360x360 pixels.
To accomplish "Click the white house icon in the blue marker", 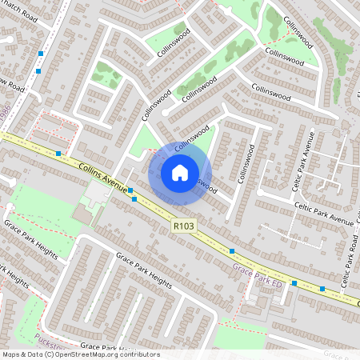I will click(x=180, y=172).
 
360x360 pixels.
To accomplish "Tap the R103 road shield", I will click(x=183, y=226).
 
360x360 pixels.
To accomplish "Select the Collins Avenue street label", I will click(x=104, y=179).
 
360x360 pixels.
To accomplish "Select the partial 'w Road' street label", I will click(x=13, y=85).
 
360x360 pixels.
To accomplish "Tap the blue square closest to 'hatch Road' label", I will click(x=41, y=53).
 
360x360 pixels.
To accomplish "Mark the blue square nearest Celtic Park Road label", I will click(x=322, y=288).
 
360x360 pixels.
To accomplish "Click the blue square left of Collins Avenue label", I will click(x=58, y=153).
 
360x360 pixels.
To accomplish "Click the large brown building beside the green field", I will click(x=82, y=216).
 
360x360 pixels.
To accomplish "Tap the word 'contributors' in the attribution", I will click(x=139, y=354).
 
